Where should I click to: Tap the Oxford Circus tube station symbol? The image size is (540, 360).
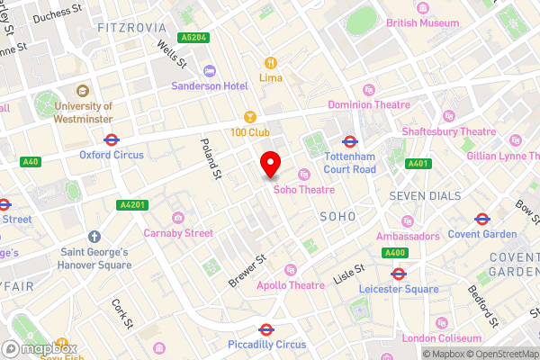(112, 139)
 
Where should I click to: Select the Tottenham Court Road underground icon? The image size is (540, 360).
(350, 141)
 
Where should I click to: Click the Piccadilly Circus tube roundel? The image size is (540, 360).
(266, 329)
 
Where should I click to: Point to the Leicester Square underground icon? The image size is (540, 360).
(399, 274)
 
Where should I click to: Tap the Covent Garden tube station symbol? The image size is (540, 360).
(481, 218)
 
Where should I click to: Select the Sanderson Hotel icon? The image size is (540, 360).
(210, 70)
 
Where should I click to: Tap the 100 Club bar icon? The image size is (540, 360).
(251, 117)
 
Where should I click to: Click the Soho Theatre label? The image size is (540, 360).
(303, 190)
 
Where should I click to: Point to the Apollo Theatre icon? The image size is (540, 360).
(291, 270)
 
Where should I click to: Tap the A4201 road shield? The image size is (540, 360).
(130, 205)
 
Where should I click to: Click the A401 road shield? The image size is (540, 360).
(417, 164)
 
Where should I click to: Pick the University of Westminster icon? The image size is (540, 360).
(82, 91)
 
